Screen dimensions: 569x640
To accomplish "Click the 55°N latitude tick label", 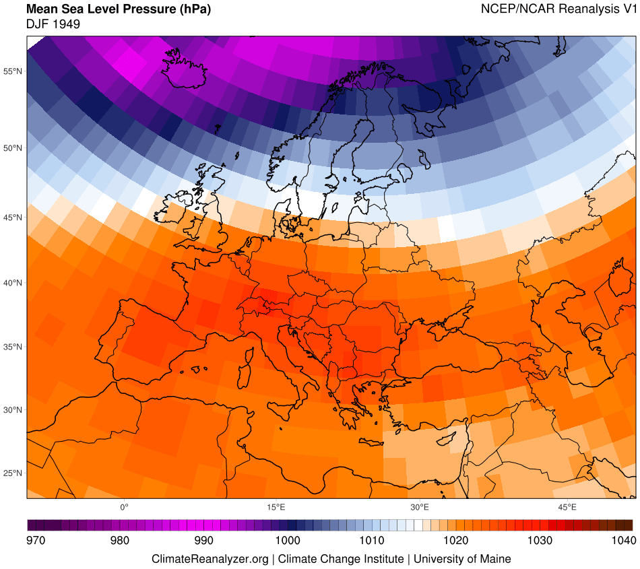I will click(13, 71).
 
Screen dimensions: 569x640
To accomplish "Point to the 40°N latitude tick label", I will click(13, 283).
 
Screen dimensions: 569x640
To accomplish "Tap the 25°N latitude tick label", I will click(13, 473).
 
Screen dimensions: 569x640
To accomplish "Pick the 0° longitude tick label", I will click(124, 506).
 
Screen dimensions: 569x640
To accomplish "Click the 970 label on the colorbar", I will click(36, 540).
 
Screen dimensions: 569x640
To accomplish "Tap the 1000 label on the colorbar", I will click(288, 540).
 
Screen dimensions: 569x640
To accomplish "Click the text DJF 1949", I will click(53, 24).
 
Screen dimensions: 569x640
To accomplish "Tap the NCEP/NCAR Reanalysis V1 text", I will click(558, 9).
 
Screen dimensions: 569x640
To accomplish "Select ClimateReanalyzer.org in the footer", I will click(211, 559).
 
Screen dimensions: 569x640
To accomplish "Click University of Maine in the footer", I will click(462, 559).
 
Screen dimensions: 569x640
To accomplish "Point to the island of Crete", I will click(369, 442).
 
